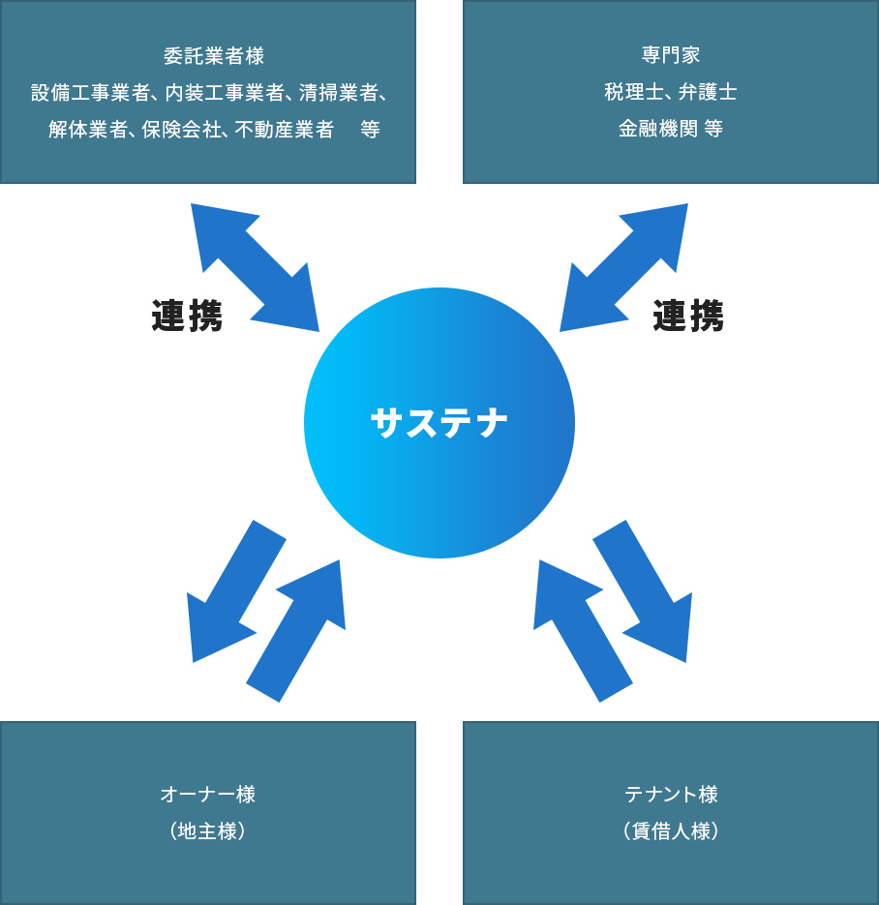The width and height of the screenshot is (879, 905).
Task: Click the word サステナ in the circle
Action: (x=439, y=423)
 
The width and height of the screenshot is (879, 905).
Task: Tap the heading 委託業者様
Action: (x=214, y=56)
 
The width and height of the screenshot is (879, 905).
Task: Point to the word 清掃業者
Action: (x=338, y=93)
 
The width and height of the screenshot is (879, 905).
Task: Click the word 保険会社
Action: (x=181, y=130)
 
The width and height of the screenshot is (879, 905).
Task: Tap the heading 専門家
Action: (x=671, y=55)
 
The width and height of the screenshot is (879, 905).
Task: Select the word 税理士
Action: (x=634, y=92)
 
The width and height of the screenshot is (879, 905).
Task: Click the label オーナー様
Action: (x=208, y=795)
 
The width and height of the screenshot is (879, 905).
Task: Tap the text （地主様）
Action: (x=208, y=831)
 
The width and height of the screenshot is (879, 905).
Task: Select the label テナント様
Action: (x=671, y=795)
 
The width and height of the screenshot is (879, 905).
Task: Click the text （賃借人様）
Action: (x=671, y=831)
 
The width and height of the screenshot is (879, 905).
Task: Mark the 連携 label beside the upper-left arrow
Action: (x=187, y=317)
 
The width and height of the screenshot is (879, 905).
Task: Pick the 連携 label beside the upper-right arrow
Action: (x=688, y=317)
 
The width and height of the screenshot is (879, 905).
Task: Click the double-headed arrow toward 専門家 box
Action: (x=624, y=267)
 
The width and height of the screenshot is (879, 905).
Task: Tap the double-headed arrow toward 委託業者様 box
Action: (x=255, y=267)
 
